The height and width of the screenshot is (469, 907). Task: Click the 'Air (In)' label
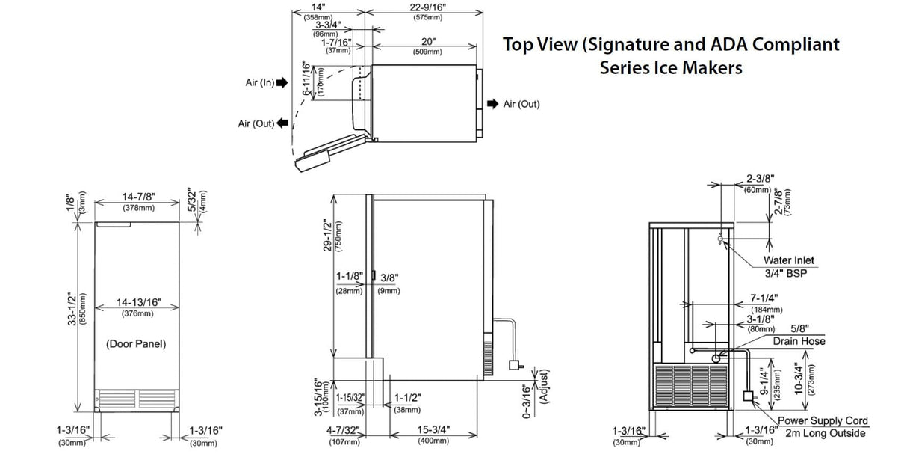[x=260, y=83]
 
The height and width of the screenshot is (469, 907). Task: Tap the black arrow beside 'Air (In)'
[x=282, y=84]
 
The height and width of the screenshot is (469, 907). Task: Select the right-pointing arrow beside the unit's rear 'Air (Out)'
[x=492, y=104]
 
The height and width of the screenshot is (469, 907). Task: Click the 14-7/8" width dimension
[x=138, y=197]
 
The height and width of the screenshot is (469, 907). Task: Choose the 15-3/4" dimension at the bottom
[x=433, y=430]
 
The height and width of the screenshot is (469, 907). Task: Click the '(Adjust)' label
[x=544, y=387]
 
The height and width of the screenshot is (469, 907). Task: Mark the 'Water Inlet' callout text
[x=788, y=260]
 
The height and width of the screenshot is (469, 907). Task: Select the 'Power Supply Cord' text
[x=823, y=422]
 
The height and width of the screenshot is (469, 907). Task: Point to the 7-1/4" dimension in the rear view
[x=766, y=298]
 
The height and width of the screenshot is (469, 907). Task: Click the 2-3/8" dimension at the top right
[x=758, y=180]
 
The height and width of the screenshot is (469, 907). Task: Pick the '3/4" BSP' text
[x=786, y=273]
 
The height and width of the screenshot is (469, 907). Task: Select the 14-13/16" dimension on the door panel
[x=138, y=303]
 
